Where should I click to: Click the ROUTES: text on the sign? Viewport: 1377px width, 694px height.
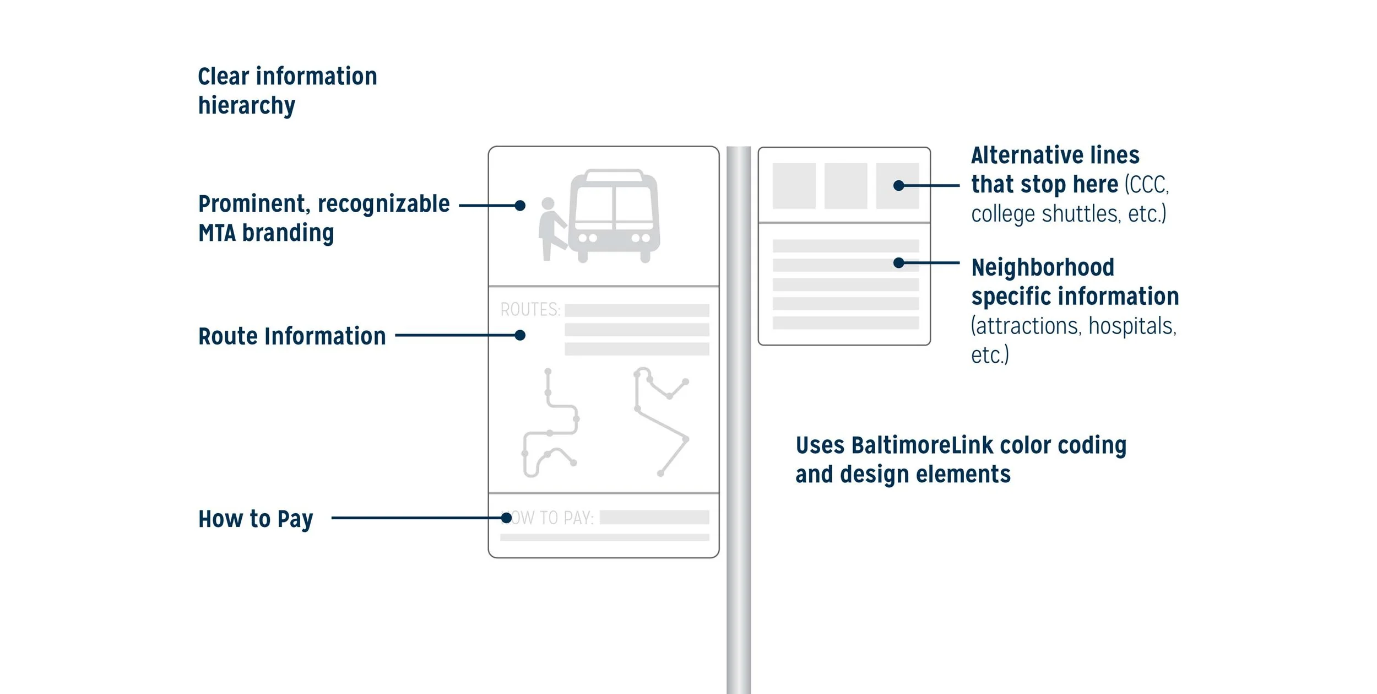(530, 310)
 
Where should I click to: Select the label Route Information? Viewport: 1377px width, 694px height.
(292, 336)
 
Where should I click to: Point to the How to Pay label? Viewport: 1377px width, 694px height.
(256, 519)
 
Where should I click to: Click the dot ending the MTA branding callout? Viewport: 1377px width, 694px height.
(520, 206)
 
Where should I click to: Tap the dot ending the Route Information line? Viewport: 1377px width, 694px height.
(520, 335)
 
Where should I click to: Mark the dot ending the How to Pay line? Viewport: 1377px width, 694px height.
(506, 518)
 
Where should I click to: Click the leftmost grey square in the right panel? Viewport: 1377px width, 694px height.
(794, 186)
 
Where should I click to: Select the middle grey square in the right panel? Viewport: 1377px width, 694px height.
(845, 186)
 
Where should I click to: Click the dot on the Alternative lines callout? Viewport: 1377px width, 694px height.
(899, 186)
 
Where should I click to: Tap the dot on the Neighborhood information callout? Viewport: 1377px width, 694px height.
(899, 263)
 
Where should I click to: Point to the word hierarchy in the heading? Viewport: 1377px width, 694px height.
(247, 106)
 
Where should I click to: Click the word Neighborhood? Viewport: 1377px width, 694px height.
(1043, 268)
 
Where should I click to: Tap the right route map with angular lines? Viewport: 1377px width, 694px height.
(661, 419)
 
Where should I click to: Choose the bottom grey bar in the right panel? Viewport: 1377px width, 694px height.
(845, 323)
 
